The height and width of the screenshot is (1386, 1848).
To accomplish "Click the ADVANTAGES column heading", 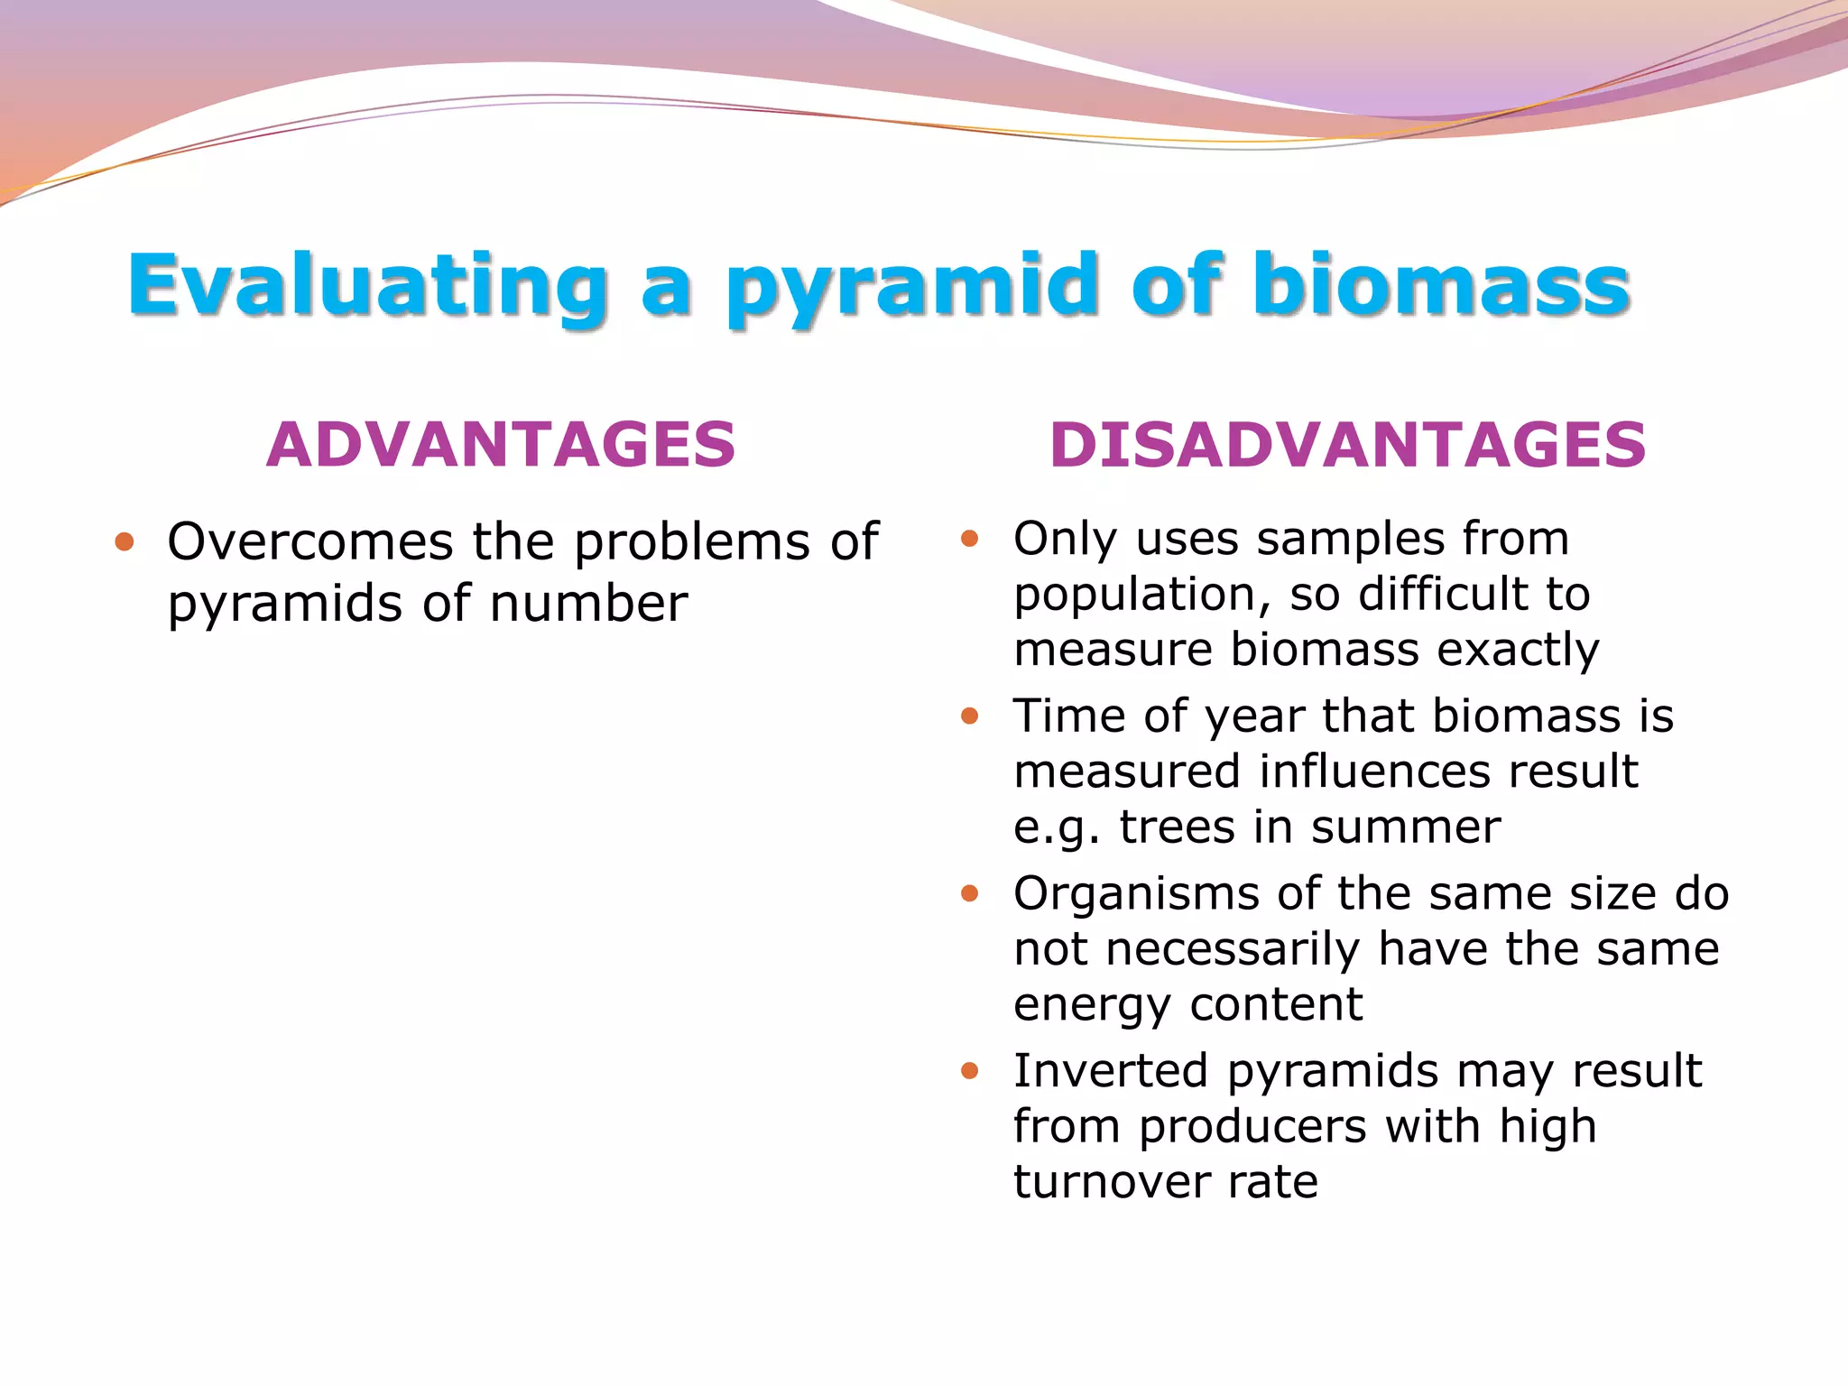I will (501, 445).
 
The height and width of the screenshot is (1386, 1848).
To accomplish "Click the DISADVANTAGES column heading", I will (1348, 445).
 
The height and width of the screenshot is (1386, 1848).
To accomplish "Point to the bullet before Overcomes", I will (125, 542).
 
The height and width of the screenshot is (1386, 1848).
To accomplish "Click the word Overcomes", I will (310, 542).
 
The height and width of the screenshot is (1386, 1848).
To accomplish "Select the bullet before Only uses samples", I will (970, 539).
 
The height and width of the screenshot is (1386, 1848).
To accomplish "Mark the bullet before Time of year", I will (970, 716).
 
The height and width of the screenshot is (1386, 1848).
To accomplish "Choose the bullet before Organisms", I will (970, 894).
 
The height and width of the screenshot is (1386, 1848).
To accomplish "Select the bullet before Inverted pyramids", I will (970, 1071).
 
